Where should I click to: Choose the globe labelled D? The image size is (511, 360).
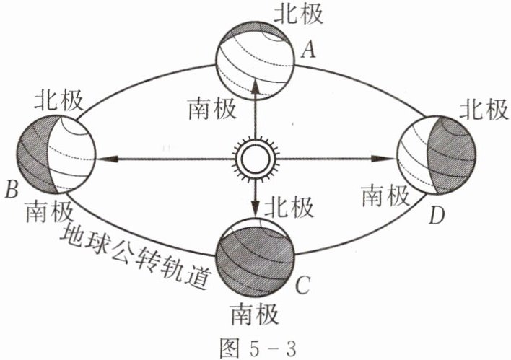436,157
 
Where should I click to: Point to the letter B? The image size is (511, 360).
12,190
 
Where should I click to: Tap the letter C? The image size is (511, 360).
303,286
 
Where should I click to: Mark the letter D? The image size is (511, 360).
435,214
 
